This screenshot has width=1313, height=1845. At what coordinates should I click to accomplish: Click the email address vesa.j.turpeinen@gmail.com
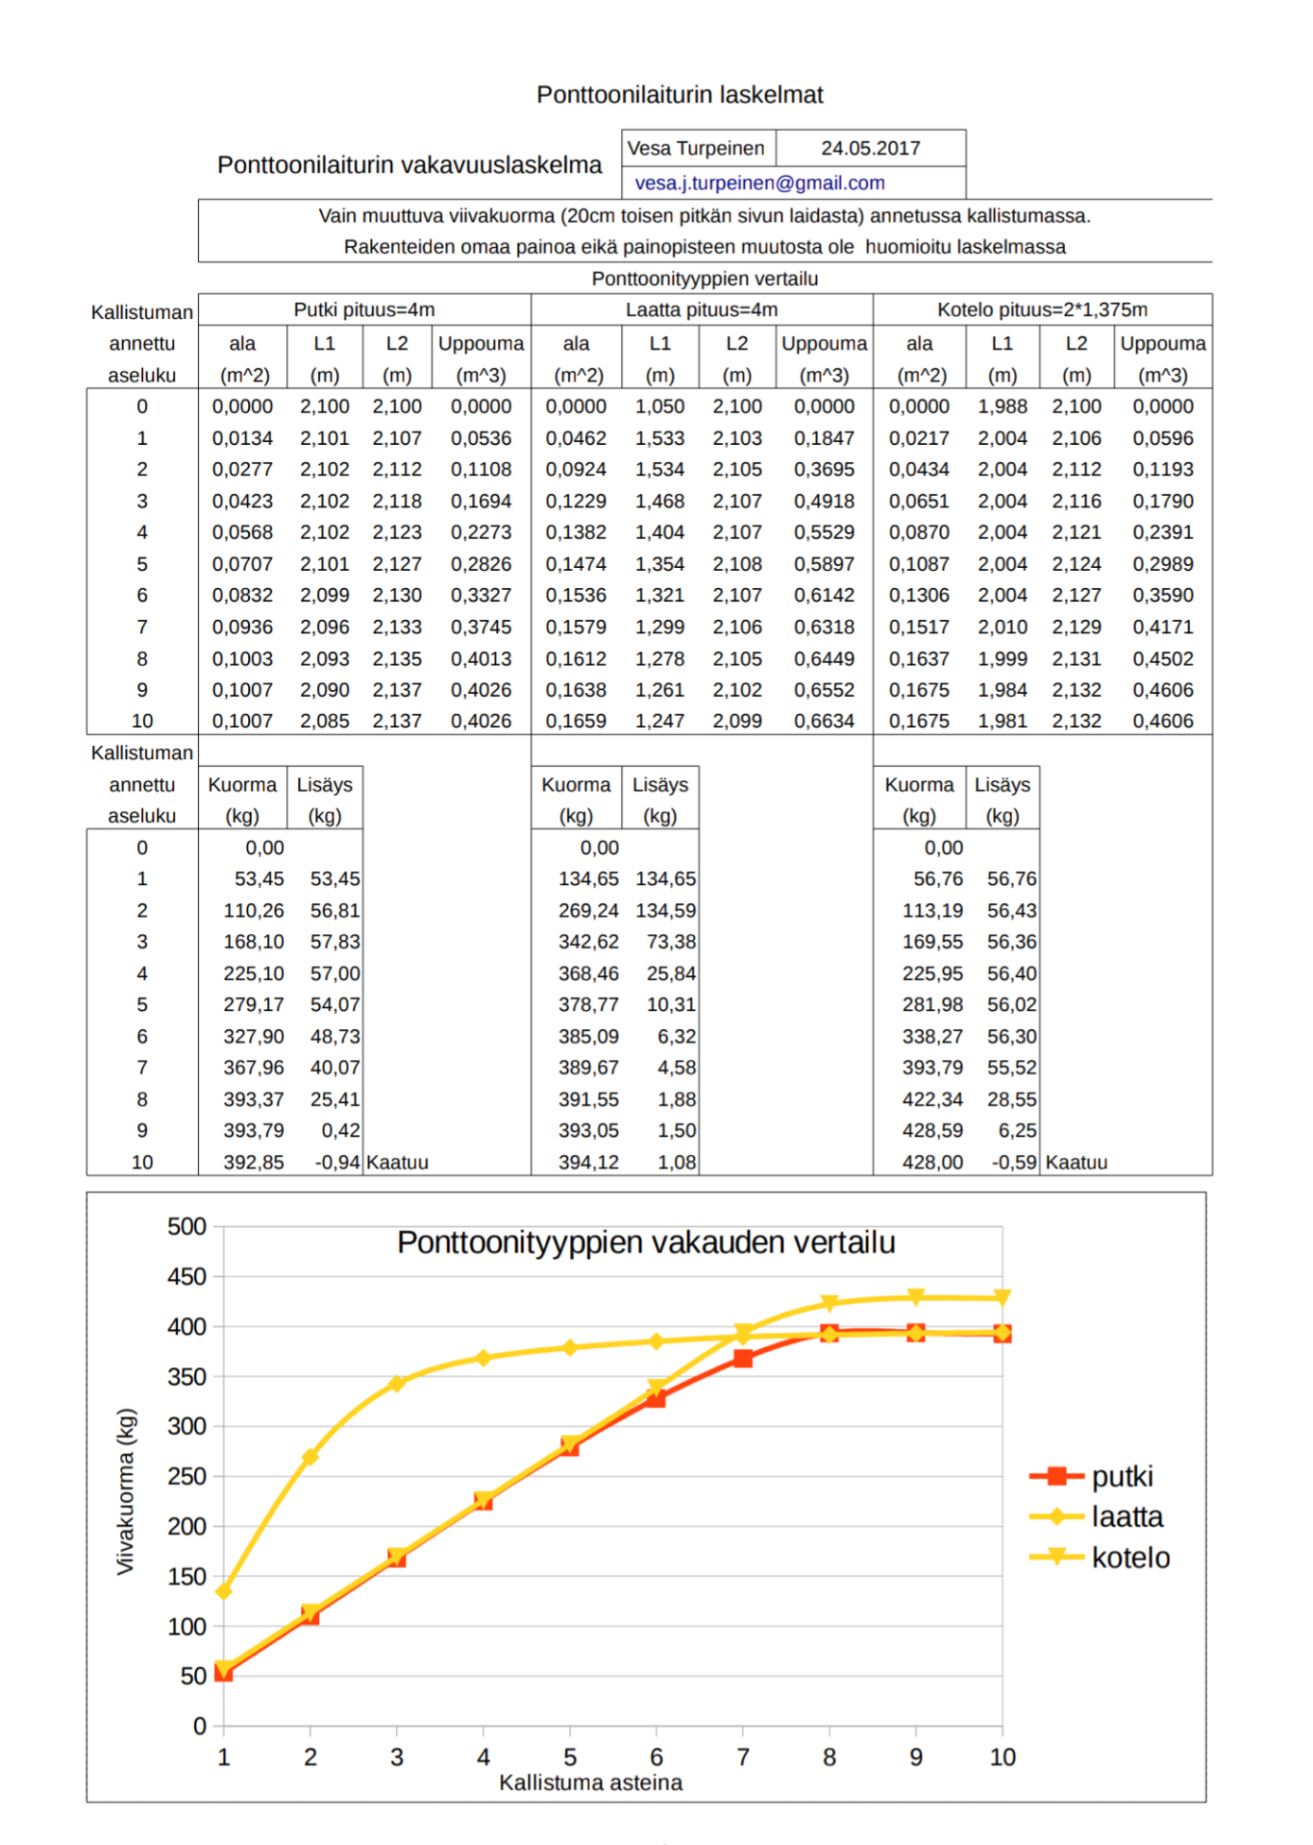(x=759, y=183)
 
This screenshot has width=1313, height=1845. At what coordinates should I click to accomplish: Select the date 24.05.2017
(x=870, y=148)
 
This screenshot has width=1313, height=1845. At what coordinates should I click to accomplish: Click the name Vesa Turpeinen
(x=696, y=148)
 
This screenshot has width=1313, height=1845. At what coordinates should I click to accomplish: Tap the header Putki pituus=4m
(x=364, y=309)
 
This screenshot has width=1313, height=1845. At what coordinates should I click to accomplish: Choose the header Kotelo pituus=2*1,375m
(x=1042, y=309)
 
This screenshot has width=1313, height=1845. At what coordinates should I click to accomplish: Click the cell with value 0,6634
(x=824, y=721)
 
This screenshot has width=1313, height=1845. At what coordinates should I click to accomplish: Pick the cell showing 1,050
(x=659, y=406)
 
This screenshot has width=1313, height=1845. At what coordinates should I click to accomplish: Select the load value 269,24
(x=588, y=910)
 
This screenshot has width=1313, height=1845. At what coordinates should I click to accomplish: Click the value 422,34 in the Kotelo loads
(x=932, y=1099)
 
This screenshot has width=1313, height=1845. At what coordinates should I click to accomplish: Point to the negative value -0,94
(x=337, y=1162)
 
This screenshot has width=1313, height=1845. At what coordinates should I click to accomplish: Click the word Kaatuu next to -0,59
(x=1077, y=1162)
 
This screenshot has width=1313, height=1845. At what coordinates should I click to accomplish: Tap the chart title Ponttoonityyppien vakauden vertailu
(x=646, y=1242)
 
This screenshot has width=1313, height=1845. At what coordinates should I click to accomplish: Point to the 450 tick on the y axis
(x=186, y=1276)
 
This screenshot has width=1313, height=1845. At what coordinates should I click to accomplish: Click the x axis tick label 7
(x=743, y=1757)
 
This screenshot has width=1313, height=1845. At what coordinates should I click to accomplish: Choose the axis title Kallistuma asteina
(x=590, y=1783)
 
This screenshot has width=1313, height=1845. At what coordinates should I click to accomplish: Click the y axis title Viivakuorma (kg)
(x=126, y=1491)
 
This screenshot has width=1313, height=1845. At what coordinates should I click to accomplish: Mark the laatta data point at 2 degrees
(x=310, y=1457)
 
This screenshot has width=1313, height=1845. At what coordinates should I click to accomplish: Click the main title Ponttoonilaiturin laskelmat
(x=680, y=94)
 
